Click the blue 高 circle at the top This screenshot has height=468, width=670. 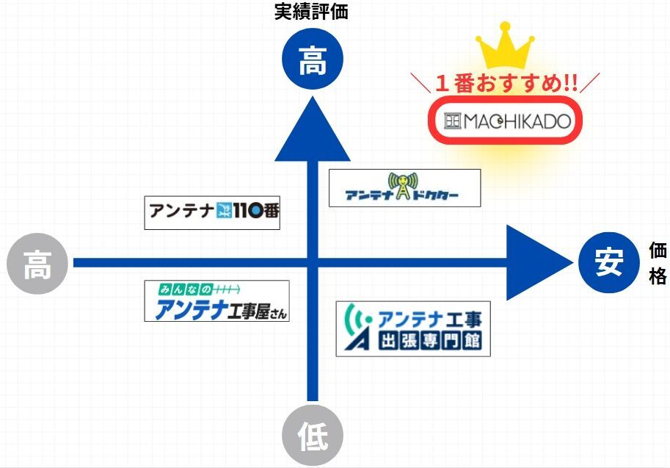pyautogui.click(x=313, y=63)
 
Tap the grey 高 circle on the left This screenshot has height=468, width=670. pyautogui.click(x=37, y=263)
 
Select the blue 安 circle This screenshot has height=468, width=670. pyautogui.click(x=608, y=262)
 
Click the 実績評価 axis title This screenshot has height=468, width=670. pyautogui.click(x=313, y=12)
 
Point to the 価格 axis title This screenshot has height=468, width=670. pyautogui.click(x=658, y=263)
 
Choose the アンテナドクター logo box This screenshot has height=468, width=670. pyautogui.click(x=404, y=188)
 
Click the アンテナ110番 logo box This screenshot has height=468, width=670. pyautogui.click(x=212, y=212)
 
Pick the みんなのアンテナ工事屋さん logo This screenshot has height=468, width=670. pyautogui.click(x=216, y=300)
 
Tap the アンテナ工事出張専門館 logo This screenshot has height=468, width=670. pyautogui.click(x=413, y=329)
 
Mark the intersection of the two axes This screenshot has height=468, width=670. pyautogui.click(x=313, y=262)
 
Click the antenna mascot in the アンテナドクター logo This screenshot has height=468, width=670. pyautogui.click(x=403, y=185)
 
